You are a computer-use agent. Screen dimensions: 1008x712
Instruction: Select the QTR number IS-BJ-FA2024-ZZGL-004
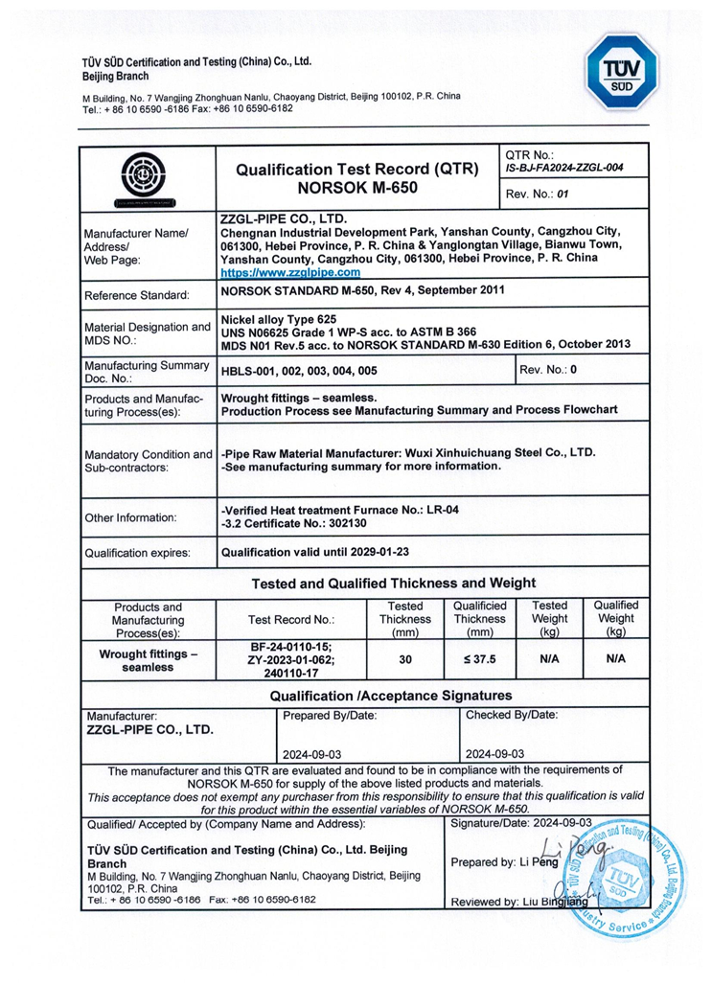563,168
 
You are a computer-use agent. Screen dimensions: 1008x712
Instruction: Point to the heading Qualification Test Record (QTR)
359,170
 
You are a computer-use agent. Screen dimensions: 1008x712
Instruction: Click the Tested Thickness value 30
404,660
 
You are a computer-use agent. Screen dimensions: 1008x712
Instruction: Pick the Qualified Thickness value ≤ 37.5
479,660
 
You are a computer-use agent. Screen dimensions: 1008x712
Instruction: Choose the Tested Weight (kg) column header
549,619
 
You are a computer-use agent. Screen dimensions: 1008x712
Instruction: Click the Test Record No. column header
291,619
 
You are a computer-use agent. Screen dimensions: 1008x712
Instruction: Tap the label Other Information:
131,518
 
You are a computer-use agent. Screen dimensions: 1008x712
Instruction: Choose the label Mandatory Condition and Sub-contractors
149,461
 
